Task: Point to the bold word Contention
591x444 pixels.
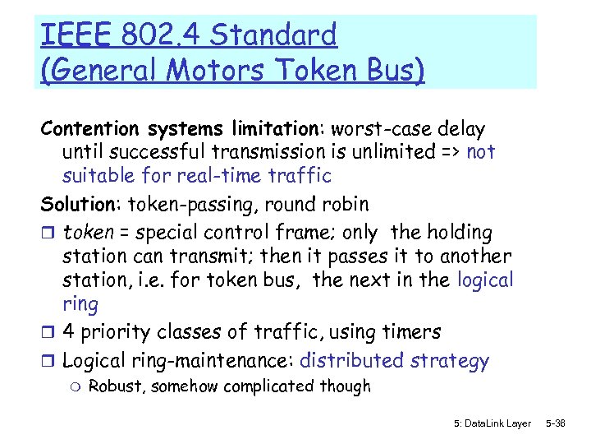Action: coord(91,130)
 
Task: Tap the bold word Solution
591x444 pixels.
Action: coord(77,204)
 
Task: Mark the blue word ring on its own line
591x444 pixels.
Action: coord(80,304)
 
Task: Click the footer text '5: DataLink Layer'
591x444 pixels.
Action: coord(492,423)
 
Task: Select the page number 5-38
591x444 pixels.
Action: coord(556,423)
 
